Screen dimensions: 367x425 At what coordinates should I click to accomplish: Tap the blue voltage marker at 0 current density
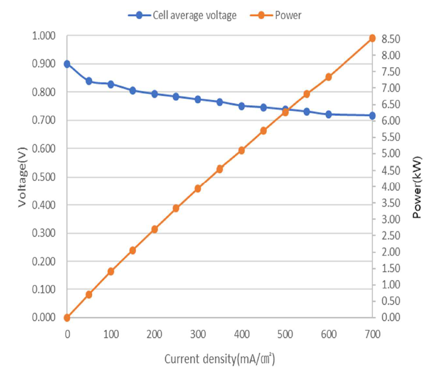coord(67,64)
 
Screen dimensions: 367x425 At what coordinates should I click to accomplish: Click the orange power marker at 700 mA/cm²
coord(372,38)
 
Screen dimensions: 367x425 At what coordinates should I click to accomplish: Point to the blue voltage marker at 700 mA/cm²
coord(372,115)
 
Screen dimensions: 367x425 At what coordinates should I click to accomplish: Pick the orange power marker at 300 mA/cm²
coord(198,189)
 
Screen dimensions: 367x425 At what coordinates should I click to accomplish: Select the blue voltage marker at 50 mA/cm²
coord(89,81)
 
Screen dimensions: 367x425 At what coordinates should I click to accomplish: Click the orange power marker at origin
coord(67,318)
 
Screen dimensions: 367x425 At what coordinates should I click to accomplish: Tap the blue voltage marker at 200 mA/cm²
coord(155,94)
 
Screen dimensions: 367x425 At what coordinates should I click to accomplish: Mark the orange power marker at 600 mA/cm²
coord(329,77)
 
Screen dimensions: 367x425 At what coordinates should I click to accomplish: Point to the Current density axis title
coord(219,359)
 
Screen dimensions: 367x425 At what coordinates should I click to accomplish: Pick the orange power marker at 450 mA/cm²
coord(264,131)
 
